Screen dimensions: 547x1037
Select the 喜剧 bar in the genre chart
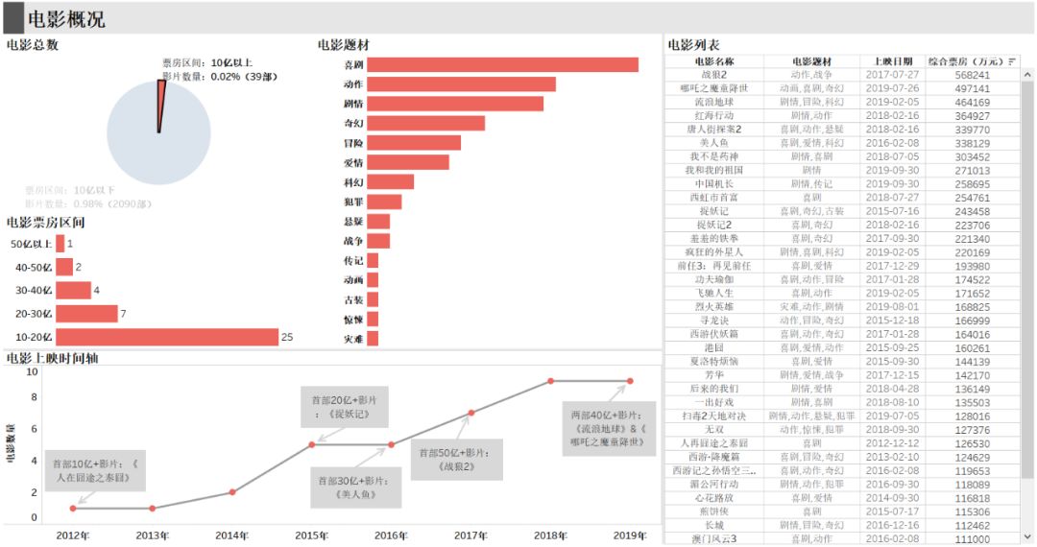click(x=502, y=65)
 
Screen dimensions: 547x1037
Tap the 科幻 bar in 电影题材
click(x=390, y=182)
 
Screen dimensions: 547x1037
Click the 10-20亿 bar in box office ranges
click(x=166, y=337)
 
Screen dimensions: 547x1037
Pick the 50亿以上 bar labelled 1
click(x=60, y=244)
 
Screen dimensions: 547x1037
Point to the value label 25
click(x=287, y=337)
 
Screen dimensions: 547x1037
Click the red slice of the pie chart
click(x=161, y=106)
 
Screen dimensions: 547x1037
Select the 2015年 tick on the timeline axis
click(x=311, y=535)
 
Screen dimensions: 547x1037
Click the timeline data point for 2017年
click(x=470, y=413)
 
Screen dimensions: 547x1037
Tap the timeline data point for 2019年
click(x=630, y=381)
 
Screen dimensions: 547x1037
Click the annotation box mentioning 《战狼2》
click(x=456, y=461)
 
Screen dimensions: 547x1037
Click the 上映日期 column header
click(x=893, y=61)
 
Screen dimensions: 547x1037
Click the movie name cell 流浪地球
click(x=713, y=102)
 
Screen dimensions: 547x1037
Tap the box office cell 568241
click(x=972, y=75)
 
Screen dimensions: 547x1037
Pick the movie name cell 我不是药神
click(x=713, y=156)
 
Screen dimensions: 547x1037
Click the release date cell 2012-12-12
click(x=893, y=443)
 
